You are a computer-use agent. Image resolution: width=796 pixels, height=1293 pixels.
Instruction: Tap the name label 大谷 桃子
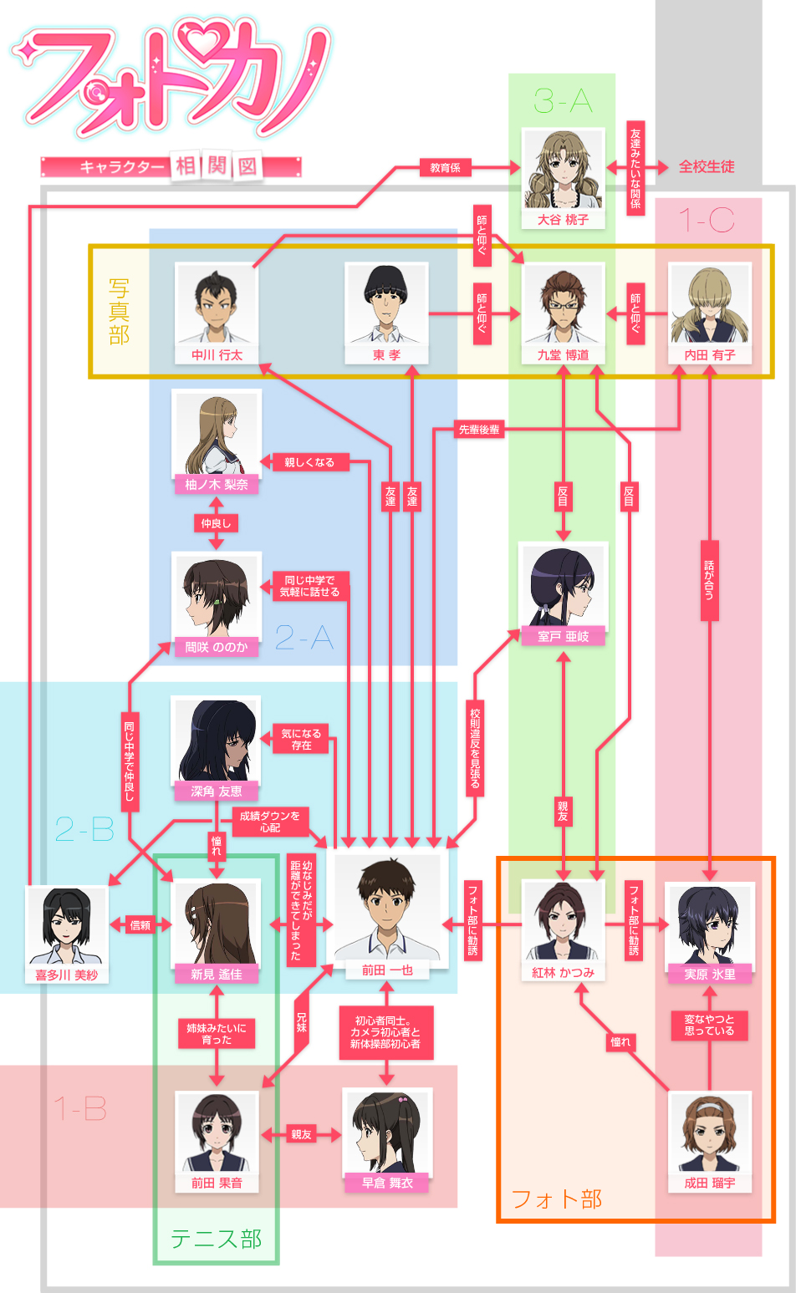(563, 220)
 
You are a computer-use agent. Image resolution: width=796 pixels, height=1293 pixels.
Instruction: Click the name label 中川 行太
(217, 355)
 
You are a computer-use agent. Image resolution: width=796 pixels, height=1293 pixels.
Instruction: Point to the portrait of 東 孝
(386, 304)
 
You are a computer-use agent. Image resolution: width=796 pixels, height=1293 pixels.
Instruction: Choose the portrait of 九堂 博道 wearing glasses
(563, 304)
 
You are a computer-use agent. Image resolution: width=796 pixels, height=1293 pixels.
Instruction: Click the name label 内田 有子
(710, 355)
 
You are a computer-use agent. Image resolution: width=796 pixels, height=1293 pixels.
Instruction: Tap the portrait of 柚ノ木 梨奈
(217, 433)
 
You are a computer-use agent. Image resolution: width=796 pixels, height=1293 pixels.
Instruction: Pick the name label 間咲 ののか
(217, 647)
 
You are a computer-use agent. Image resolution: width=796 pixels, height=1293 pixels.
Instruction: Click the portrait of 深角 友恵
(217, 740)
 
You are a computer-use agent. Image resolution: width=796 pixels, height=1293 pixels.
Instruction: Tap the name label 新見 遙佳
(217, 975)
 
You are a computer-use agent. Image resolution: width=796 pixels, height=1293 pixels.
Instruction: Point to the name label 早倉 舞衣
(387, 1184)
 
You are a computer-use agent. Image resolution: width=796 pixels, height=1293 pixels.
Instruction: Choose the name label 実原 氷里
(710, 975)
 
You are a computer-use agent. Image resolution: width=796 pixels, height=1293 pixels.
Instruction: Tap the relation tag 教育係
(445, 168)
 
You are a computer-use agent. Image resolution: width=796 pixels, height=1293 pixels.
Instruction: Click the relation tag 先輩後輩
(479, 430)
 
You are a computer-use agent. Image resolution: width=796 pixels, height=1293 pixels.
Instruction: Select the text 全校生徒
(707, 167)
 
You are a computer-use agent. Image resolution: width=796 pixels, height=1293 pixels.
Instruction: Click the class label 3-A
(563, 102)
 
